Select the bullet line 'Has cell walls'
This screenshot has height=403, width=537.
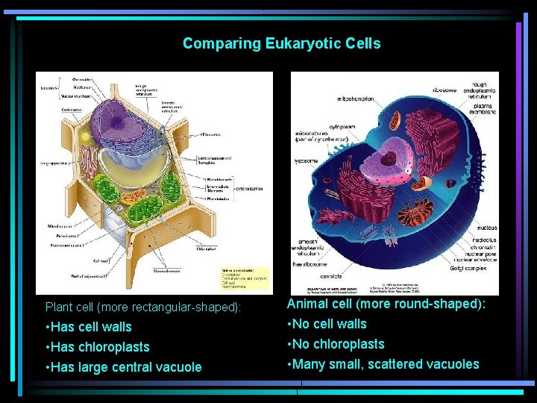89,327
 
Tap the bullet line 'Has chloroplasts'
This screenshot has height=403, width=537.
98,347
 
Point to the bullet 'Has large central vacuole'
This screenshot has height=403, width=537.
124,367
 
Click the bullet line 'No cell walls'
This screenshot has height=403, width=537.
327,324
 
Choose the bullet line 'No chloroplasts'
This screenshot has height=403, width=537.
336,344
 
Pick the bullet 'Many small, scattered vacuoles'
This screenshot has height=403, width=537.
383,364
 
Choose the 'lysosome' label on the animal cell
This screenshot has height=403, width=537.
306,160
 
